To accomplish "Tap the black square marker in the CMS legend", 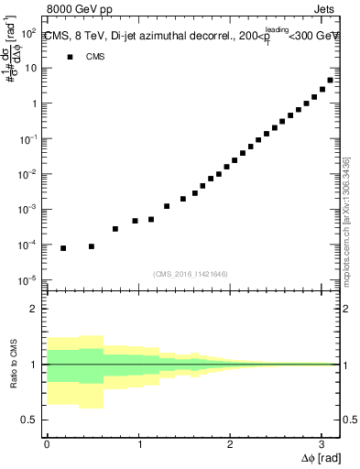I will pyautogui.click(x=70, y=57).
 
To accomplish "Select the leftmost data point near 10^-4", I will pyautogui.click(x=63, y=248).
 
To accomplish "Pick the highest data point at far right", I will pyautogui.click(x=330, y=80).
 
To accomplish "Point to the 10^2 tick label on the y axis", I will pyautogui.click(x=28, y=32).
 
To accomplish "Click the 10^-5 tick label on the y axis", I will pyautogui.click(x=28, y=279).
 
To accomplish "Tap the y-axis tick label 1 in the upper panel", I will pyautogui.click(x=33, y=104).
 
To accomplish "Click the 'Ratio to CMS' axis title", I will pyautogui.click(x=13, y=365).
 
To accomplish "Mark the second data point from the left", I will pyautogui.click(x=92, y=246).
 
